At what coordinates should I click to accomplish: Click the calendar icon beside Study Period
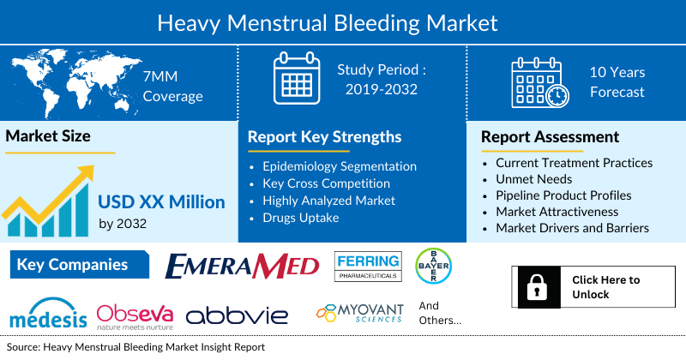click(296, 80)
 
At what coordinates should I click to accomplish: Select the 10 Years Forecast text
click(617, 82)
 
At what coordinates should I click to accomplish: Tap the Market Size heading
click(48, 135)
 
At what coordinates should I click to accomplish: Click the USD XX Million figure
click(161, 202)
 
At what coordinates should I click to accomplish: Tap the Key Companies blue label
click(73, 265)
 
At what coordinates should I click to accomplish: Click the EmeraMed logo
click(242, 266)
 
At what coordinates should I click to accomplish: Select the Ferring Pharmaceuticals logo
click(368, 267)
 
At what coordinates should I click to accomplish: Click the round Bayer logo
click(433, 266)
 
